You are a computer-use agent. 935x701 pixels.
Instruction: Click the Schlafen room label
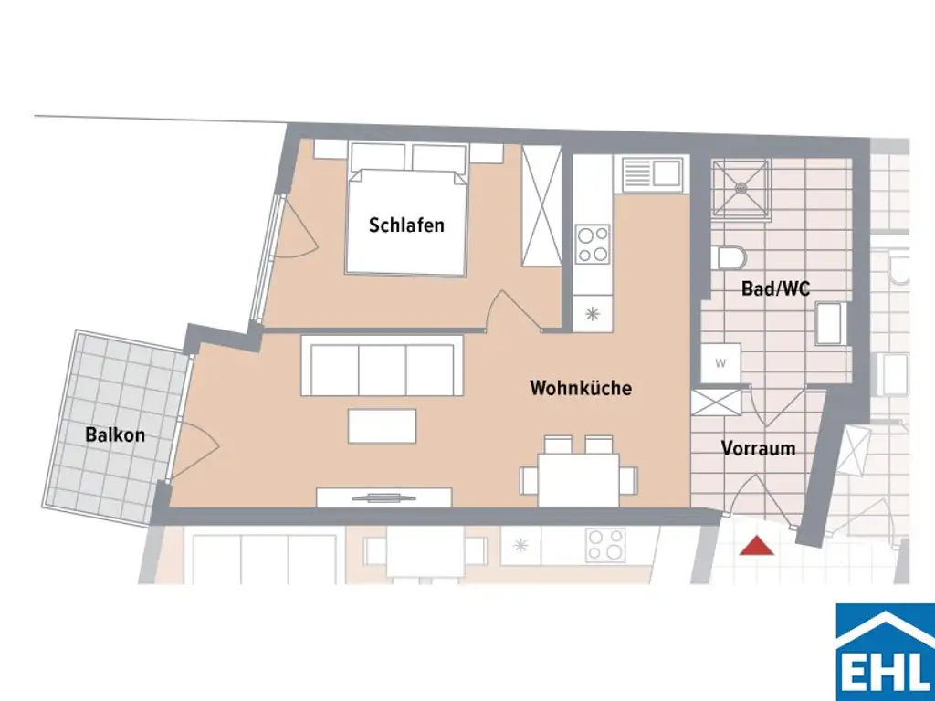[406, 225]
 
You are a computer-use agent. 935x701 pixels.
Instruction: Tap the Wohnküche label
[581, 388]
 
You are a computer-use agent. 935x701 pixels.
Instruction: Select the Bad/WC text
[776, 289]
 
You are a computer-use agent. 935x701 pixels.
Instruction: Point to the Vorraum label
[758, 448]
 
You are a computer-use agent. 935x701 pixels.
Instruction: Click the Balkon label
[115, 434]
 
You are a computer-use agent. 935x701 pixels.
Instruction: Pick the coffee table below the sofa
[382, 424]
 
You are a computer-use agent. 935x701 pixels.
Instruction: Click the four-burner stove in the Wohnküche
[593, 243]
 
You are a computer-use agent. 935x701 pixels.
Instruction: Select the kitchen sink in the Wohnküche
[650, 173]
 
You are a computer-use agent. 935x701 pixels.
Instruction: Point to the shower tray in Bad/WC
[741, 190]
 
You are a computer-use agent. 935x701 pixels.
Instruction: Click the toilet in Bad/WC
[730, 257]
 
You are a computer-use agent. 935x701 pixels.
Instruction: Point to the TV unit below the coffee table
[383, 497]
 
